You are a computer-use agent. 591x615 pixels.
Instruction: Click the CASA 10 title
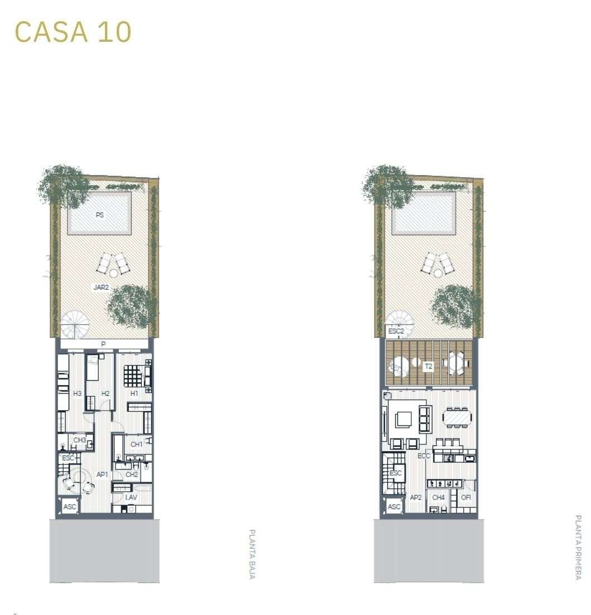(73, 32)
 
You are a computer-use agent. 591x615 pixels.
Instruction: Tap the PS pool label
(100, 215)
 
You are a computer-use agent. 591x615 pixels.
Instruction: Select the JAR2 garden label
(101, 288)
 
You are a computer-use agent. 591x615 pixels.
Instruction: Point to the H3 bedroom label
(78, 394)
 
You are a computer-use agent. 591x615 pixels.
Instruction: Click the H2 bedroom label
(105, 394)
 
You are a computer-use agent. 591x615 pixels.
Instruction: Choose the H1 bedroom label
(134, 394)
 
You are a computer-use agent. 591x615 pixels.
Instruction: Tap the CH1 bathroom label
(136, 444)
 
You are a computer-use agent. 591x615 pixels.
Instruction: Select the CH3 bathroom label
(80, 440)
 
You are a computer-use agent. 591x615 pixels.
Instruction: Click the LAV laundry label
(131, 497)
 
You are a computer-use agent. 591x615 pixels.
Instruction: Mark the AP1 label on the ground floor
(102, 474)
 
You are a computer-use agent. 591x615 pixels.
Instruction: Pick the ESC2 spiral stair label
(396, 331)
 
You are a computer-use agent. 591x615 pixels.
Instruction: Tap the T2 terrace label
(429, 366)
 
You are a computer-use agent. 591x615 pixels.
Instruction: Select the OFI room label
(466, 497)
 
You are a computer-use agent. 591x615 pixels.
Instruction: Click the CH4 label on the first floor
(438, 497)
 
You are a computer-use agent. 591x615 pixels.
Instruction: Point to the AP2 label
(415, 497)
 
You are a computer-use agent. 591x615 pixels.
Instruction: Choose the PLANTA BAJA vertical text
(252, 554)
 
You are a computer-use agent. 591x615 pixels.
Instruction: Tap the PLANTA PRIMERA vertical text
(578, 548)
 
